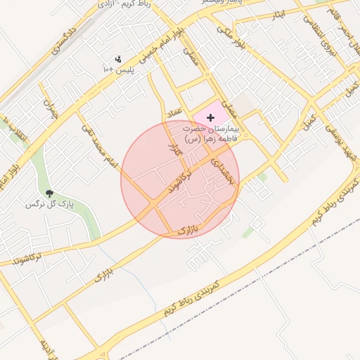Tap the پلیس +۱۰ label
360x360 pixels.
pyautogui.click(x=118, y=70)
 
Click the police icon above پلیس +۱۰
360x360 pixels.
pyautogui.click(x=117, y=59)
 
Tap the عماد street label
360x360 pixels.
pyautogui.click(x=175, y=112)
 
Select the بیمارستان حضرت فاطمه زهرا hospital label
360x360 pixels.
pyautogui.click(x=211, y=134)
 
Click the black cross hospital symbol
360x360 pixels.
pyautogui.click(x=210, y=117)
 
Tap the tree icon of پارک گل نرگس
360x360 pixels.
pyautogui.click(x=49, y=193)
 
